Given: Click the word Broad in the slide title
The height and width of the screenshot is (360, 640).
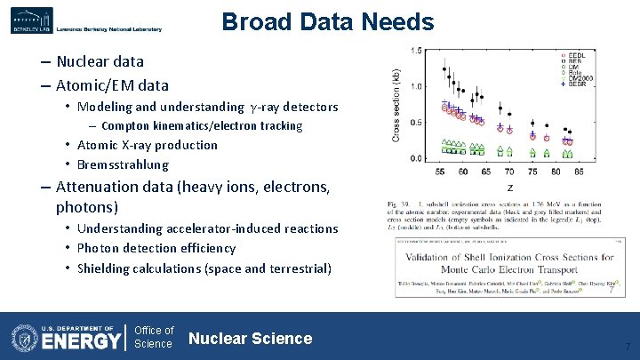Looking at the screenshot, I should coord(253,21).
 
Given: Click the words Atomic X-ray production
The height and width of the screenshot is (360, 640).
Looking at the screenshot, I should coord(148,145).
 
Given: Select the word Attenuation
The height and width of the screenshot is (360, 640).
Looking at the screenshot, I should coord(99,188).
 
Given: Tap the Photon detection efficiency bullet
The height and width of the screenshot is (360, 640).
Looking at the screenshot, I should coord(156,248).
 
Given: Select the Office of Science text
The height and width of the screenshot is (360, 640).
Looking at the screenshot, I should coord(154,337).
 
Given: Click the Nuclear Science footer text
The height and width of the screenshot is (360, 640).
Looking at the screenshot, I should coord(250,338).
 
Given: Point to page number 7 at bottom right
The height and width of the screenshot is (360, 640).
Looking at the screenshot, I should coord(628,346).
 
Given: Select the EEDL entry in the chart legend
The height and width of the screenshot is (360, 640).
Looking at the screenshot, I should coord(575,55).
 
